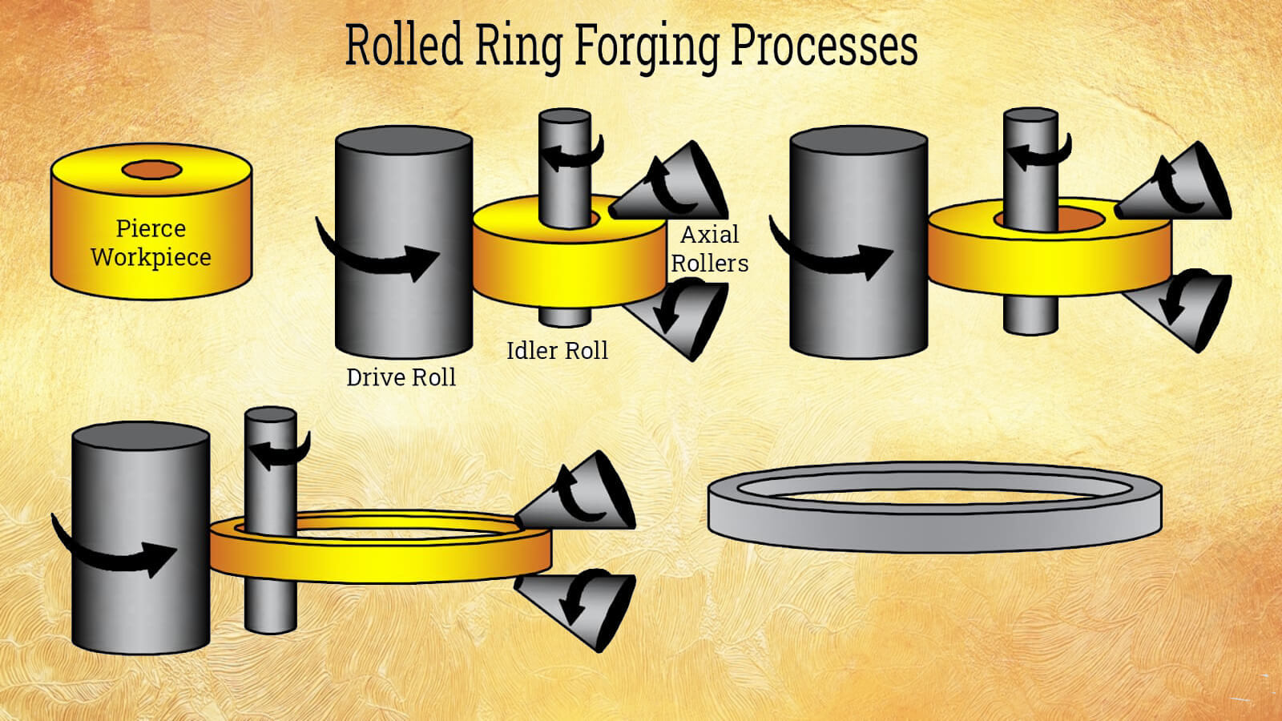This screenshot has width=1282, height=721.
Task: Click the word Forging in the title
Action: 646,46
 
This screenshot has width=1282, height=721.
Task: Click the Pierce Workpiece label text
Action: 151,243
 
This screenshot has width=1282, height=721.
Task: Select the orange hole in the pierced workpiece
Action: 152,170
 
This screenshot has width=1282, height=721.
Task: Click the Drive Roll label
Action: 401,377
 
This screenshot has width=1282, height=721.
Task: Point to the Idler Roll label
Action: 557,351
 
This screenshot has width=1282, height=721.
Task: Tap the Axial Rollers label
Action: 709,249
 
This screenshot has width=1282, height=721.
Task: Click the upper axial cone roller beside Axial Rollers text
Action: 677,184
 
